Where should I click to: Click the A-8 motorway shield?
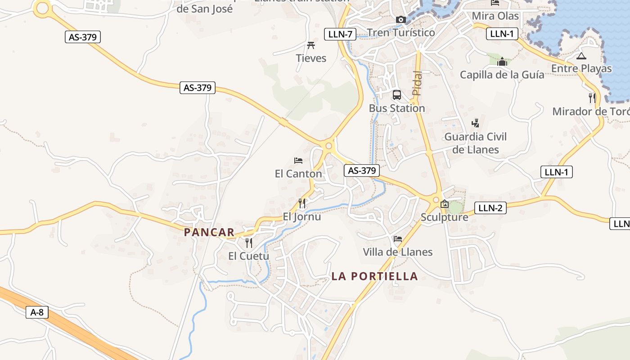pos(37,312)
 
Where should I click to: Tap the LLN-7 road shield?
pos(340,34)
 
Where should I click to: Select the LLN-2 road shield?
pos(490,207)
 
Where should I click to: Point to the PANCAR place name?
pos(209,232)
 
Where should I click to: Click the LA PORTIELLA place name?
pos(374,276)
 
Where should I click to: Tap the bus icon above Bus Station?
pos(396,95)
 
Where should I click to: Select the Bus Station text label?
pos(396,108)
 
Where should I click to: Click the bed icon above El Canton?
pos(298,160)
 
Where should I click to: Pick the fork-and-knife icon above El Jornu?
pos(302,203)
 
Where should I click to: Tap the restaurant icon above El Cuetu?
pos(248,243)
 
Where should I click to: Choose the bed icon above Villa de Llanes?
pos(397,238)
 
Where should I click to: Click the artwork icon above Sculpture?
pos(445,204)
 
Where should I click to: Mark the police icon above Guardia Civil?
pos(475,123)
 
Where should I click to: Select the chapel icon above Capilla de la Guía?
pos(502,62)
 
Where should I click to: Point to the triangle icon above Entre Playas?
pos(581,56)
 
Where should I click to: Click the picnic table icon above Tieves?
pos(310,45)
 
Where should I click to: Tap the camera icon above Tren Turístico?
pos(400,19)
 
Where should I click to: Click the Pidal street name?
pos(417,83)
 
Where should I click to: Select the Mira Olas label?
pos(495,16)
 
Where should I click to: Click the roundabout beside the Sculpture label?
pos(436,199)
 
